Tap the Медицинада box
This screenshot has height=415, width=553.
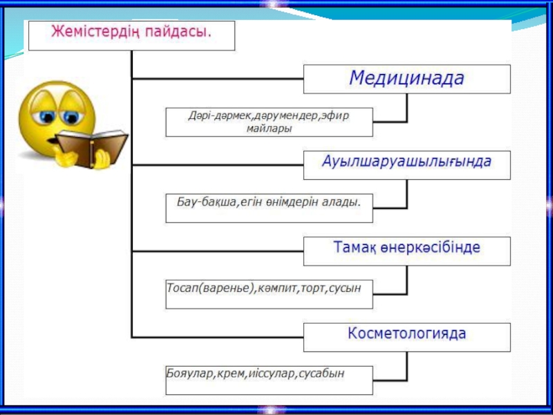[406, 79]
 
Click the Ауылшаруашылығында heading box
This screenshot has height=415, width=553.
[406, 164]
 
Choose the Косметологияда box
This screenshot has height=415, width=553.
[406, 335]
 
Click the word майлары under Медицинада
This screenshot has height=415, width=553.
[270, 128]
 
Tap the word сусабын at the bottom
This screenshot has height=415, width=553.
[322, 373]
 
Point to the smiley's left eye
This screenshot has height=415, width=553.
[49, 115]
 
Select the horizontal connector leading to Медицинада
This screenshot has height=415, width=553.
[217, 79]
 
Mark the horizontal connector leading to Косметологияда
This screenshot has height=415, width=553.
[217, 337]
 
